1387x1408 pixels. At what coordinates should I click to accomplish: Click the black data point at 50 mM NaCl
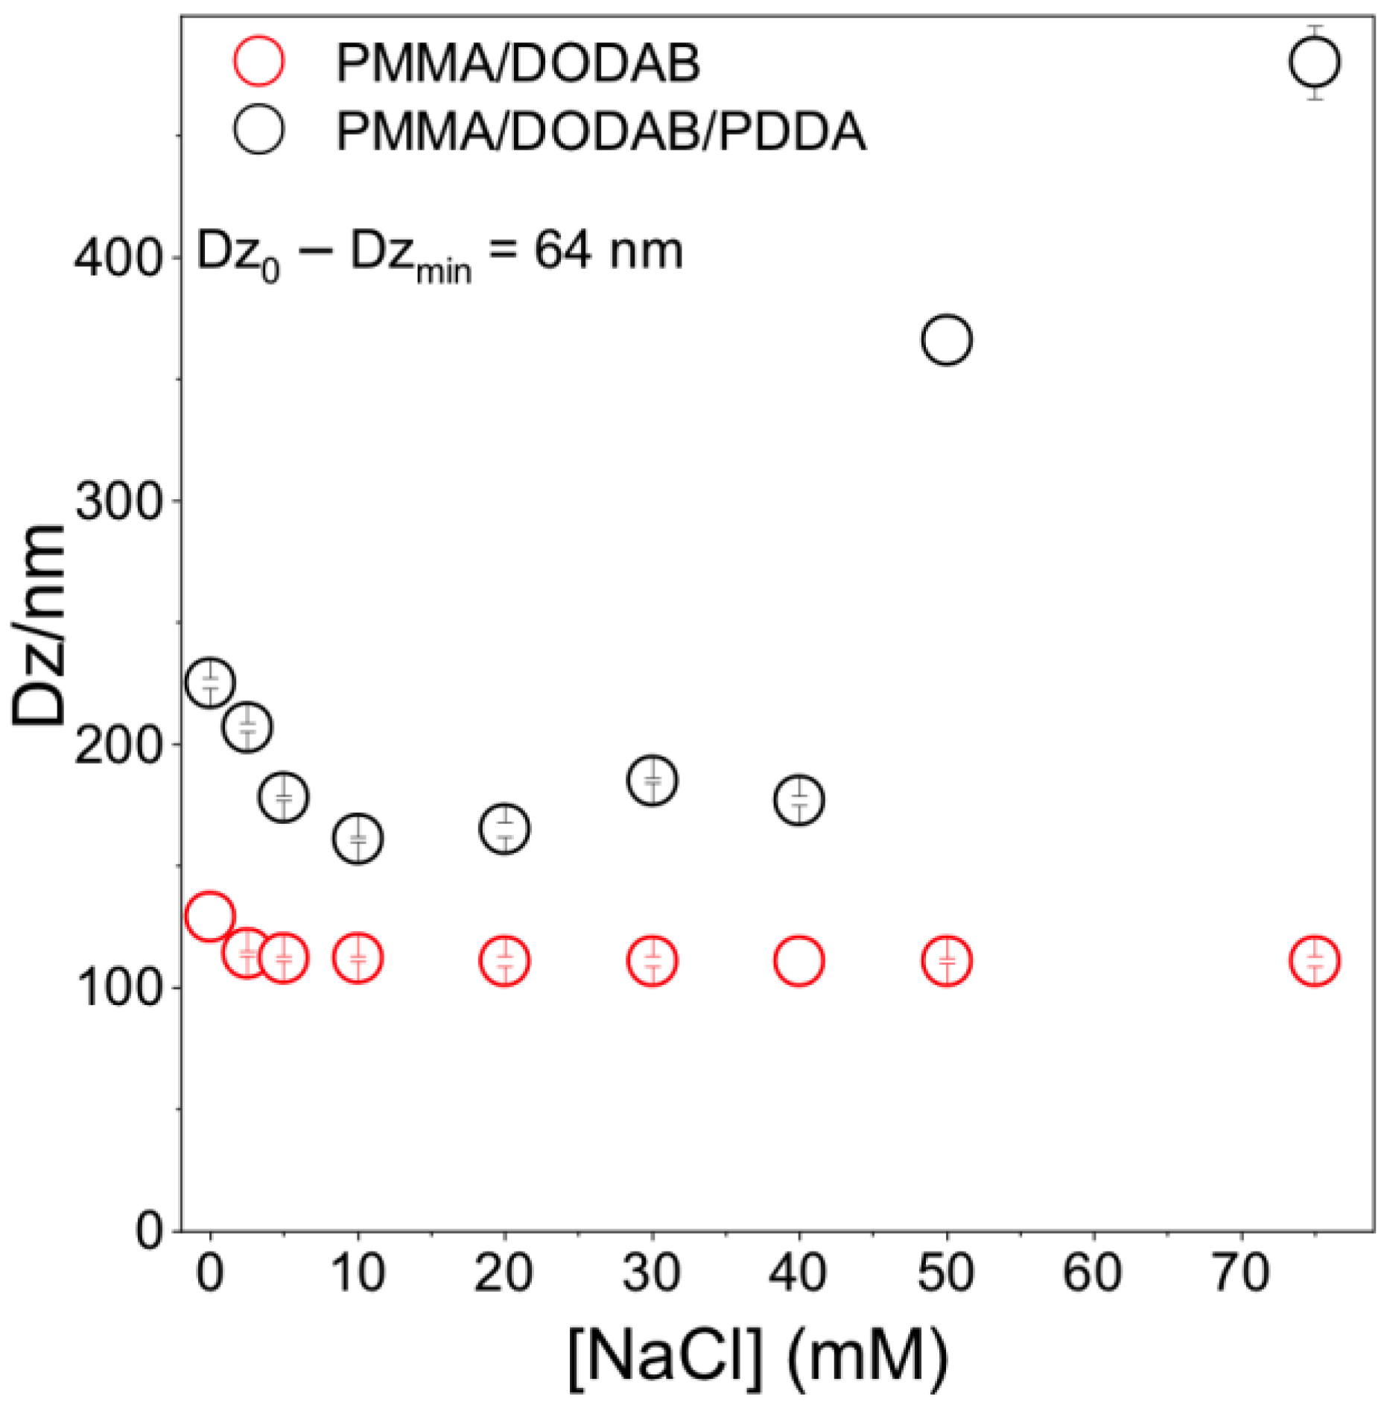click(x=946, y=340)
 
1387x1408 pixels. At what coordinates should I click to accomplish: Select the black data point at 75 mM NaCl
click(x=1315, y=62)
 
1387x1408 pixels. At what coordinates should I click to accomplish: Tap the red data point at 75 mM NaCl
click(x=1315, y=961)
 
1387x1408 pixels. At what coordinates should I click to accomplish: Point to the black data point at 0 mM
click(x=210, y=682)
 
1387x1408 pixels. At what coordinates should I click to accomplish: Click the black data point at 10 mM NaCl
click(x=358, y=839)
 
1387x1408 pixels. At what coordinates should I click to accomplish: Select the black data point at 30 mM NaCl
click(x=653, y=780)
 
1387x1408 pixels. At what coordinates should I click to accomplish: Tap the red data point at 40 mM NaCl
click(x=799, y=961)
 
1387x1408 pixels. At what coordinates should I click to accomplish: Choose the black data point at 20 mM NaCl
click(x=505, y=828)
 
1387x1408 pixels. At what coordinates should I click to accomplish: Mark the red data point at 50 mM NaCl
click(x=946, y=961)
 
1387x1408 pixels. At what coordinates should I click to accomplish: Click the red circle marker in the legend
click(x=258, y=60)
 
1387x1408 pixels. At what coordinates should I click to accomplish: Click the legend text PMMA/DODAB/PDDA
click(x=600, y=131)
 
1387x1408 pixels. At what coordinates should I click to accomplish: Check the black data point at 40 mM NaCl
click(x=799, y=800)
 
